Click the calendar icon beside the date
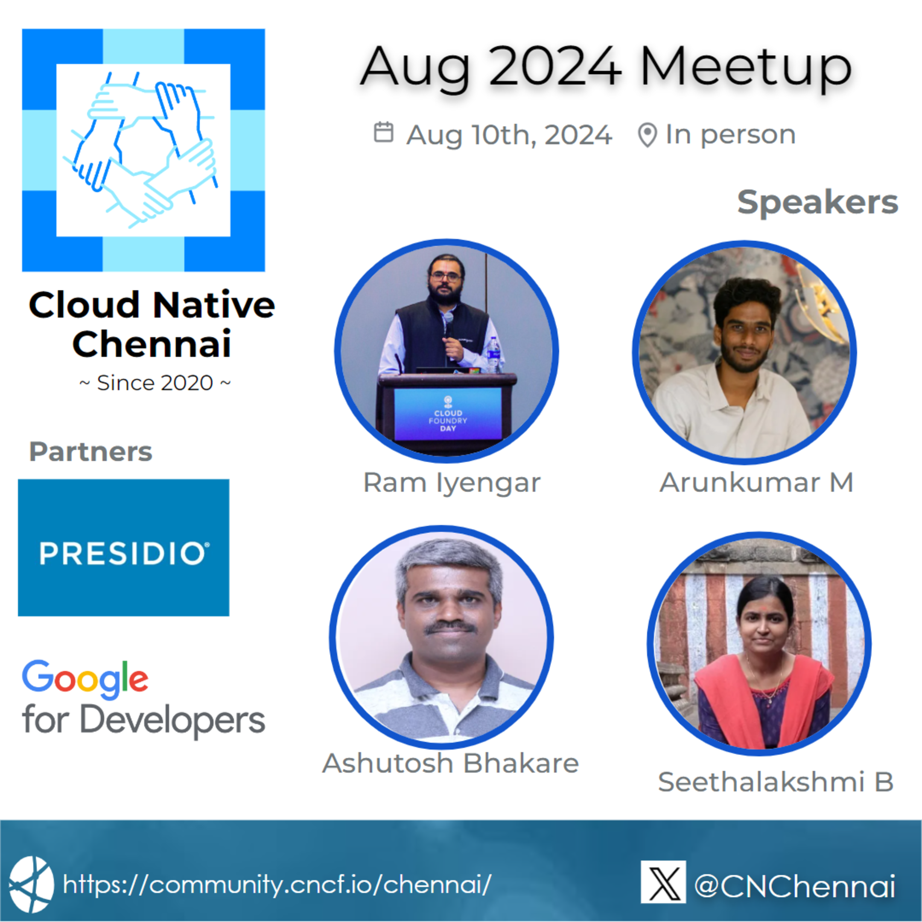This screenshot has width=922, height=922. [x=383, y=132]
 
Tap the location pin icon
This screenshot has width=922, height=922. [x=647, y=135]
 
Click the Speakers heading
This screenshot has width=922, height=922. [x=817, y=202]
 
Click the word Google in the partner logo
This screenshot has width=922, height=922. [x=85, y=678]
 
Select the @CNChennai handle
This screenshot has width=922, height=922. [x=794, y=886]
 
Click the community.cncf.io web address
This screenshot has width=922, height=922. [x=277, y=885]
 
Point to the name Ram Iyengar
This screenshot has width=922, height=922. [x=452, y=482]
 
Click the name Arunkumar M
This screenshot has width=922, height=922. [x=756, y=482]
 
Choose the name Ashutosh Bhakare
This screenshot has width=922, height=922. [x=450, y=763]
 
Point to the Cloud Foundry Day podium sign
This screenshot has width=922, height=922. [x=448, y=414]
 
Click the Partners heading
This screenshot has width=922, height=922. [x=90, y=452]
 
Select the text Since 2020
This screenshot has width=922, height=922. [x=155, y=383]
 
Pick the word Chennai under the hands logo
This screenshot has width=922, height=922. [x=152, y=344]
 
